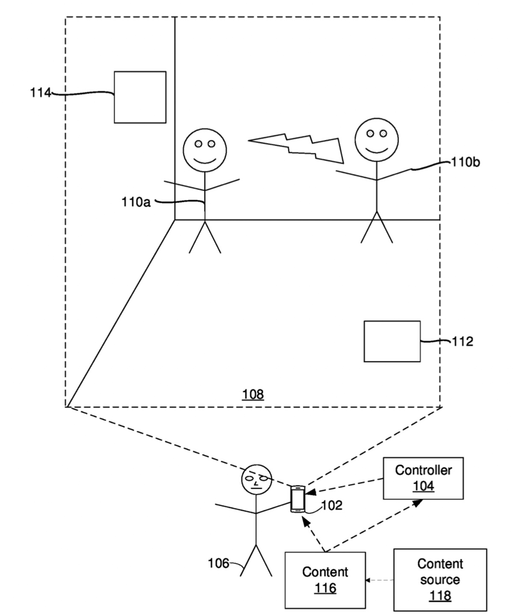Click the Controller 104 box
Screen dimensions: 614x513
pyautogui.click(x=423, y=478)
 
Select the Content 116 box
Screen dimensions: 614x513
pyautogui.click(x=325, y=580)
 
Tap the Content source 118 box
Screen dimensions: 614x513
pyautogui.click(x=440, y=579)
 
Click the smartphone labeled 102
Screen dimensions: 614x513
pyautogui.click(x=298, y=499)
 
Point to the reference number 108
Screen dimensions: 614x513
pyautogui.click(x=253, y=394)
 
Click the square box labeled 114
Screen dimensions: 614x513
pyautogui.click(x=140, y=97)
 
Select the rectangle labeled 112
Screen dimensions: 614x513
pyautogui.click(x=392, y=341)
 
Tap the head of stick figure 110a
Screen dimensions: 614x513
pyautogui.click(x=205, y=150)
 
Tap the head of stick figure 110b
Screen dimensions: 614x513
pyautogui.click(x=376, y=140)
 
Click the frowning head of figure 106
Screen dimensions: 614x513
pyautogui.click(x=256, y=480)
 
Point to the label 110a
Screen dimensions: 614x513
pyautogui.click(x=136, y=202)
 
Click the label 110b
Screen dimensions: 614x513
pyautogui.click(x=466, y=162)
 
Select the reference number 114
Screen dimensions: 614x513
pyautogui.click(x=40, y=92)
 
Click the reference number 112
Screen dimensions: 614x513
pyautogui.click(x=463, y=341)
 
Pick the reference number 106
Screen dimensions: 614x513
pyautogui.click(x=218, y=564)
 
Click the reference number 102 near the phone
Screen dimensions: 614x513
pyautogui.click(x=332, y=505)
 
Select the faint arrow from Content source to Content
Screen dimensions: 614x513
pyautogui.click(x=380, y=580)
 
